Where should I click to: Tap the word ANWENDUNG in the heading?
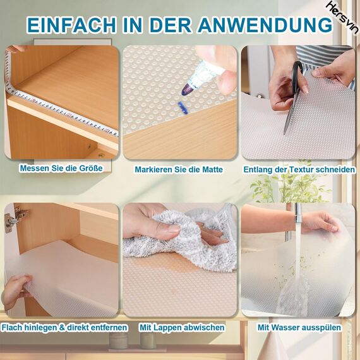(265, 25)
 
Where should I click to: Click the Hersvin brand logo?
(342, 16)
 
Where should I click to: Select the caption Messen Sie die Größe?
(61, 169)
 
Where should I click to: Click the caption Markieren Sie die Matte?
(179, 170)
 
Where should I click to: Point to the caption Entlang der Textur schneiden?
(299, 170)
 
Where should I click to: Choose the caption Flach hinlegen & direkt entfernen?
(64, 328)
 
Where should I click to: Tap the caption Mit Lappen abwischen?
(181, 328)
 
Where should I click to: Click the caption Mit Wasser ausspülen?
(299, 328)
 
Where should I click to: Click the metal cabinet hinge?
(11, 220)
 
